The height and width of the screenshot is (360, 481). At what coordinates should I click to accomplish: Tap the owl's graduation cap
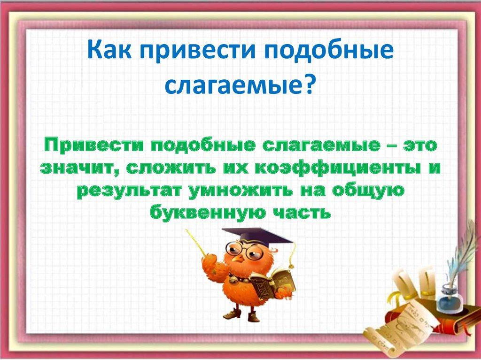point(256,235)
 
